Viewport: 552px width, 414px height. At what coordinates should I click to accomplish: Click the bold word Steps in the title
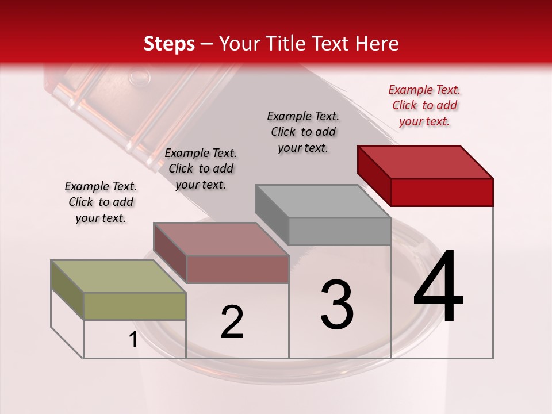click(169, 44)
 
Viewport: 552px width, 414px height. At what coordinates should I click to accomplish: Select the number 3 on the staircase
click(337, 305)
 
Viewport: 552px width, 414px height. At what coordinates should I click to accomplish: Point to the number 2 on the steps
click(232, 322)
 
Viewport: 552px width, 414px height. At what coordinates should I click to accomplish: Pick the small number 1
click(133, 340)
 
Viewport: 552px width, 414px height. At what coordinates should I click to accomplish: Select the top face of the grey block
click(323, 201)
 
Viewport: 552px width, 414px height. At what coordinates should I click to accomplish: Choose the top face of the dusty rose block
click(221, 239)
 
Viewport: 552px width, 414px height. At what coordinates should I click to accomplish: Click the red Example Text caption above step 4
click(424, 105)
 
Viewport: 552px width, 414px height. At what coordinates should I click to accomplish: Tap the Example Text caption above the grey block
click(303, 132)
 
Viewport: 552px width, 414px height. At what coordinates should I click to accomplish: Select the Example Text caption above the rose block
click(201, 168)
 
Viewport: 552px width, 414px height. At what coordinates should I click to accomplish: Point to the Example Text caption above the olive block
click(101, 202)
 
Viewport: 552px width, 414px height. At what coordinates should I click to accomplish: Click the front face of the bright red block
click(442, 192)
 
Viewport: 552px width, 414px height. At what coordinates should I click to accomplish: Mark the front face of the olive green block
click(135, 306)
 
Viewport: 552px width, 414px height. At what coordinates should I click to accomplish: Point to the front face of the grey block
click(339, 231)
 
